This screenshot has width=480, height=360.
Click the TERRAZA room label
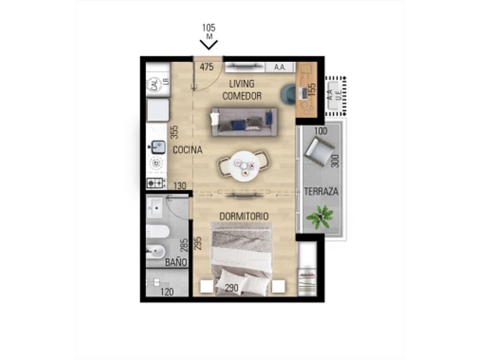321,192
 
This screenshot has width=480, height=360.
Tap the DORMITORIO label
244,217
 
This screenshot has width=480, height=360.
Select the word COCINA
187,150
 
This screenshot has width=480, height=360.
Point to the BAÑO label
176,262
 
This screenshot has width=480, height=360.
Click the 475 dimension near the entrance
207,67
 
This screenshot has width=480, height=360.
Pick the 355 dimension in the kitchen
174,132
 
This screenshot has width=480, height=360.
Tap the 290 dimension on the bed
232,288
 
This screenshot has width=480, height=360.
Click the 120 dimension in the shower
167,292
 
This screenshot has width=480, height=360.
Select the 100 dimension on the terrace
321,131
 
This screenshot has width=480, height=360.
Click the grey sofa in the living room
244,122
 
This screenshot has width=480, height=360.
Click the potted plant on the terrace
320,217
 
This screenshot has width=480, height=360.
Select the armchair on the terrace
319,151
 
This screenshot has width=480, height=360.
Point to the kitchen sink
158,147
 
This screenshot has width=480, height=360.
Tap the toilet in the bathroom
157,231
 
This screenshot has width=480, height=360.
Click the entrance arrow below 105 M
209,45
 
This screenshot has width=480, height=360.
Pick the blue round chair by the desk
289,94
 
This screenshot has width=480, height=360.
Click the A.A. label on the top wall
279,67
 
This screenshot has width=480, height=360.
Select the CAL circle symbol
156,85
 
